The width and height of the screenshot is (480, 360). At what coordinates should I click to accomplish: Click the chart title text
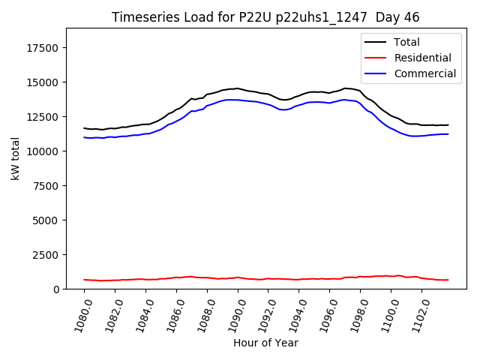[x=265, y=17]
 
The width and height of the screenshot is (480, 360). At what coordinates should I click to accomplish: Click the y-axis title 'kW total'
[x=15, y=158]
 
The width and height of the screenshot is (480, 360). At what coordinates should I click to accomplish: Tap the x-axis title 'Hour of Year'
[x=265, y=343]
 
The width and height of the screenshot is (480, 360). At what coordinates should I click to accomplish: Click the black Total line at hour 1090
[x=238, y=88]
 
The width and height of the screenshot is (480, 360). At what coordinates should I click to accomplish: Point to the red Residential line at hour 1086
[x=176, y=277]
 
